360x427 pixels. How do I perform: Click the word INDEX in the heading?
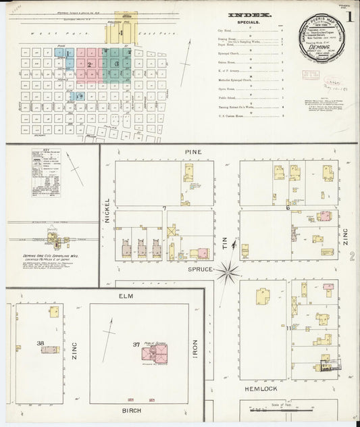(249, 14)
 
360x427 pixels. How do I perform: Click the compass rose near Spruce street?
(228, 273)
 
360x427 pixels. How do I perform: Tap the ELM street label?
(126, 296)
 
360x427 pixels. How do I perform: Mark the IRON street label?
(196, 351)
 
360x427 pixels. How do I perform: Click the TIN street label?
(226, 251)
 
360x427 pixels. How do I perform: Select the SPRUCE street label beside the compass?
(201, 269)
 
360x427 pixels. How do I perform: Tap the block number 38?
(41, 344)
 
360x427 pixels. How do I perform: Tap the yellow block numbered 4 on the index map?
(122, 32)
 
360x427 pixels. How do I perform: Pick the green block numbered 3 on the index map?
(117, 64)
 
